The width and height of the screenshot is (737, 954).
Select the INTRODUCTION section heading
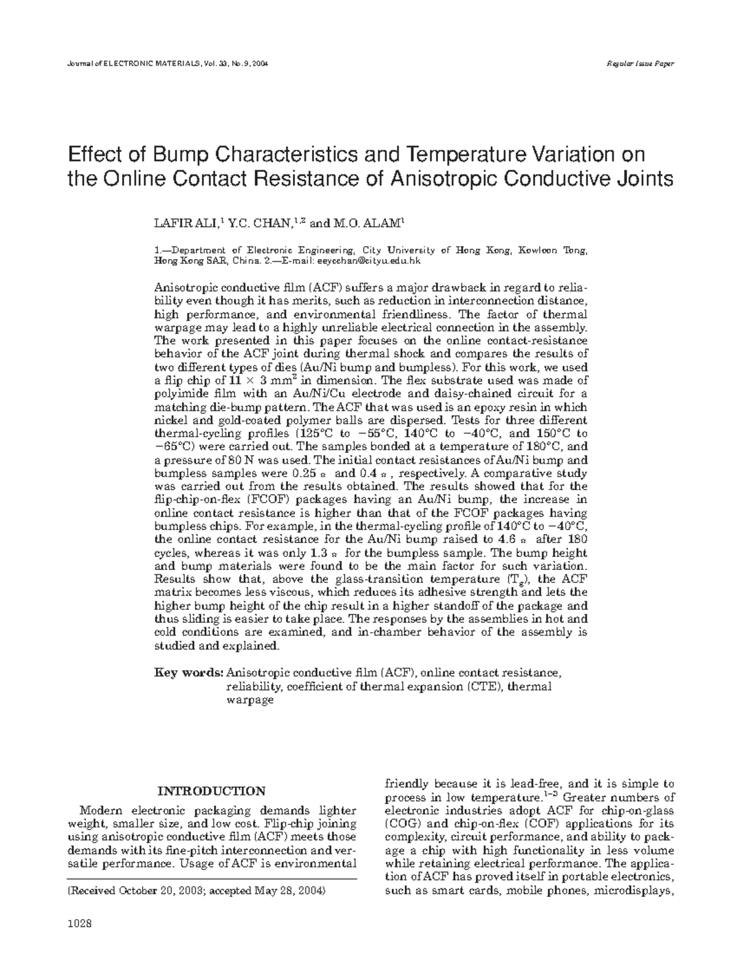(x=212, y=791)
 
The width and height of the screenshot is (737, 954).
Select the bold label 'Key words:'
(x=188, y=673)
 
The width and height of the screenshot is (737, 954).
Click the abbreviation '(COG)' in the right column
(x=401, y=824)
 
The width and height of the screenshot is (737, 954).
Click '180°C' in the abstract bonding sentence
(x=541, y=447)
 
